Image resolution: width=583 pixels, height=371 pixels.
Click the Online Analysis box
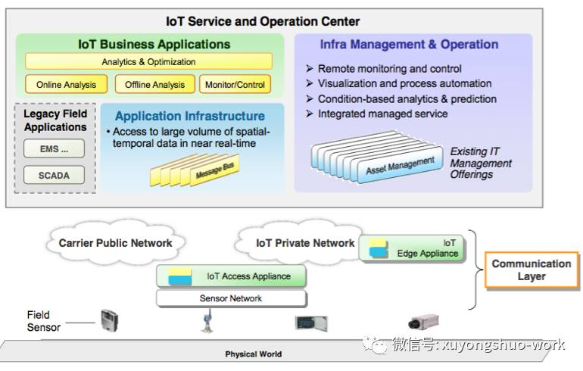(65, 85)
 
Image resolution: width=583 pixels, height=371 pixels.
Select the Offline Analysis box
(154, 85)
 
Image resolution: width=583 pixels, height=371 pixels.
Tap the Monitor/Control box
(235, 85)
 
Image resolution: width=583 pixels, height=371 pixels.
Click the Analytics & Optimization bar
(148, 62)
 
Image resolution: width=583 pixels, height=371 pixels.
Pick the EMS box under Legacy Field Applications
(54, 150)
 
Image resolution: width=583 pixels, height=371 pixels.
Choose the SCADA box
(54, 176)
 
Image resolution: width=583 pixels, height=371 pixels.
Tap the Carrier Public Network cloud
(115, 243)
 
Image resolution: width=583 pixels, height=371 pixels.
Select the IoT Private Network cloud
(304, 243)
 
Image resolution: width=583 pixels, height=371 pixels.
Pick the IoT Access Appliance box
(232, 276)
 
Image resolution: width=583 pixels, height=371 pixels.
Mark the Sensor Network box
(231, 298)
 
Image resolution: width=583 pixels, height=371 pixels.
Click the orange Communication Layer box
(531, 270)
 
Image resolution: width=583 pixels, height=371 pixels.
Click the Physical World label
(253, 354)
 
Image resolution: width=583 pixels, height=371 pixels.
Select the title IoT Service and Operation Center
(263, 21)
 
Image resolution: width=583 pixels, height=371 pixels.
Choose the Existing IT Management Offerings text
(481, 163)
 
